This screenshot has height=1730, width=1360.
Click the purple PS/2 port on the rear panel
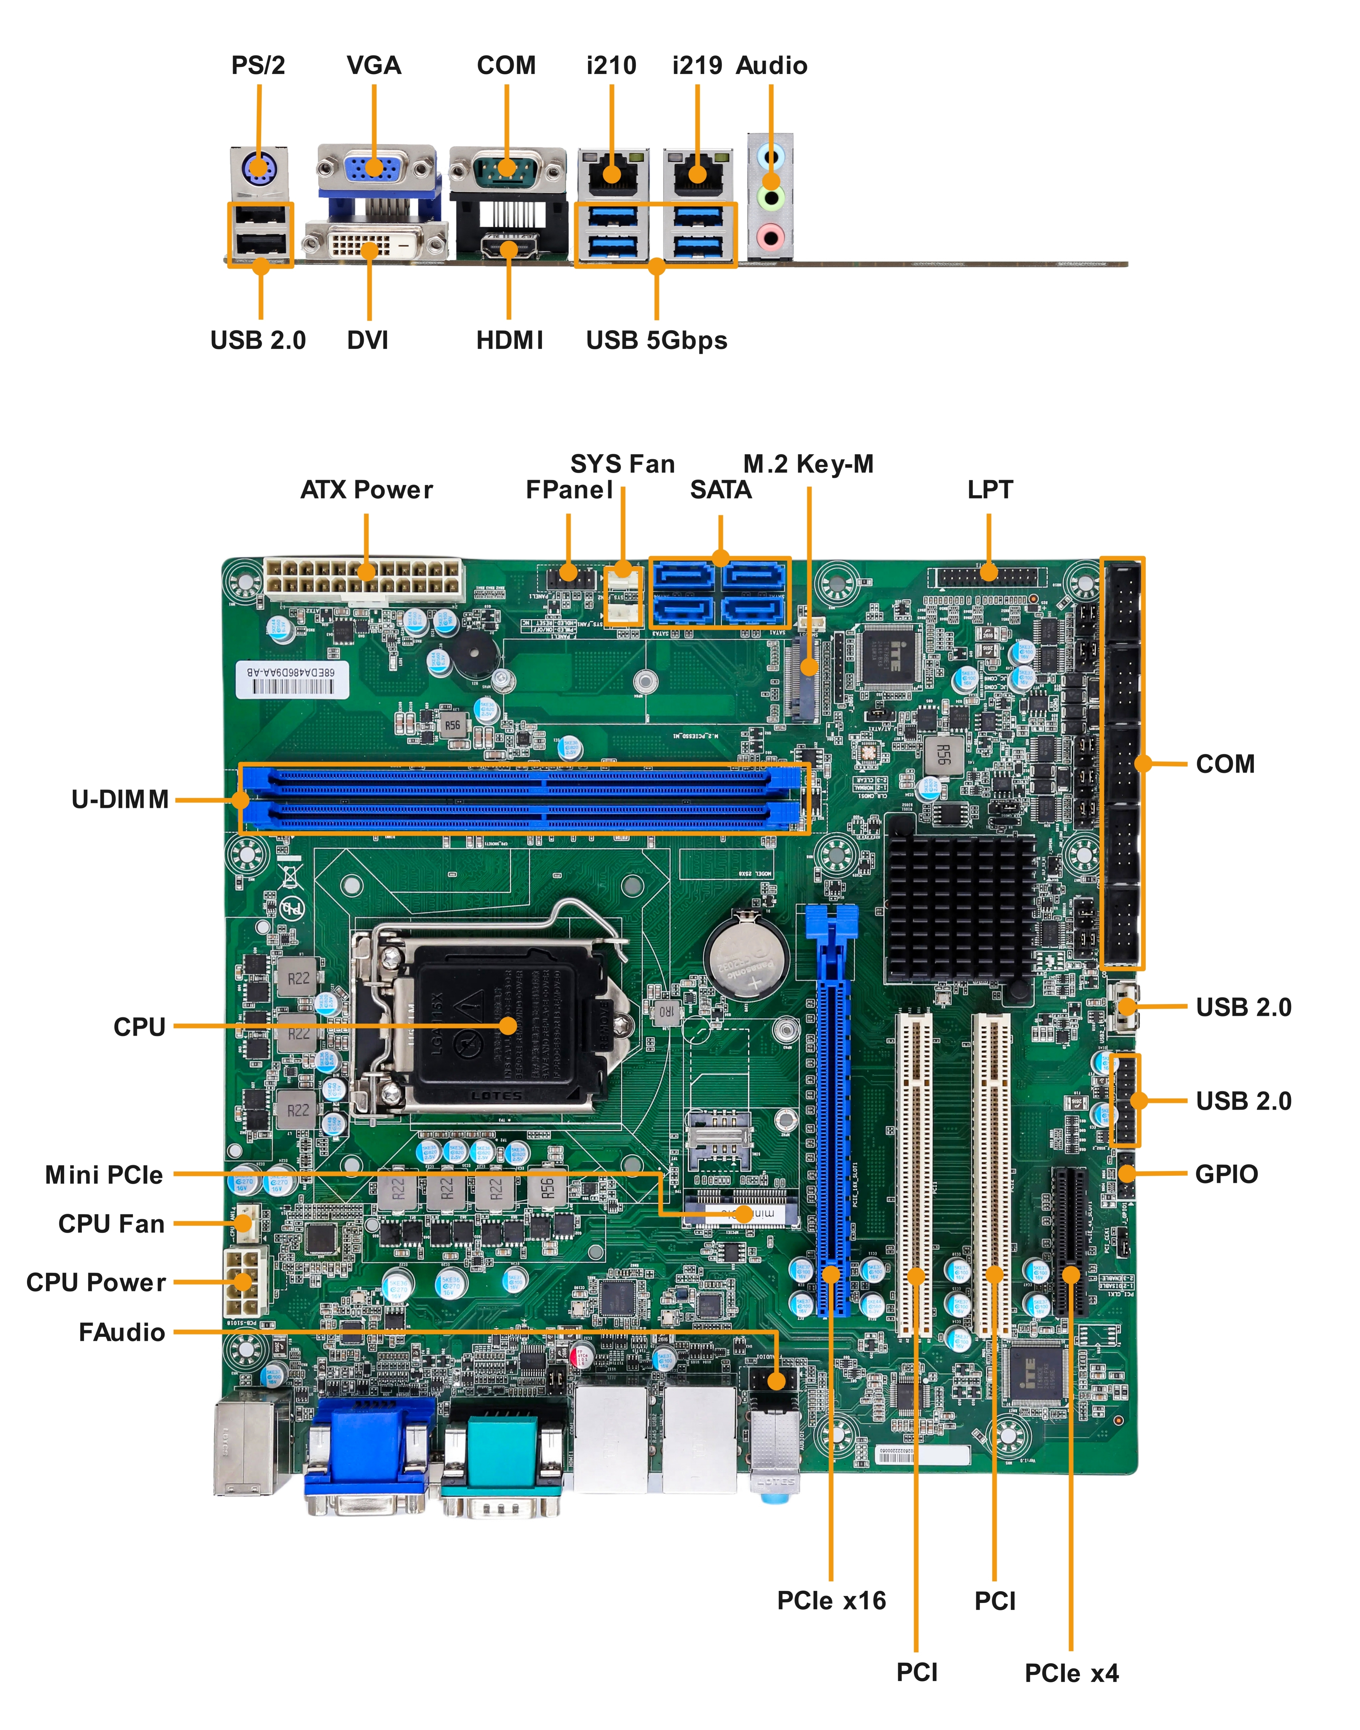[258, 168]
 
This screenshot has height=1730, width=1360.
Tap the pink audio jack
[770, 236]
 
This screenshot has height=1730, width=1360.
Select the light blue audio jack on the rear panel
[770, 154]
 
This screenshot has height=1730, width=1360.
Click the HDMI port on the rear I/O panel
[509, 248]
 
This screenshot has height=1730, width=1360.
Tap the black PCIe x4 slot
[1070, 1242]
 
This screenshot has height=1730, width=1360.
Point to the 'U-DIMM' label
[120, 799]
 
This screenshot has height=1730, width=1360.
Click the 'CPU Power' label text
[96, 1283]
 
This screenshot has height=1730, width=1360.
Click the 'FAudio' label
[122, 1333]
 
